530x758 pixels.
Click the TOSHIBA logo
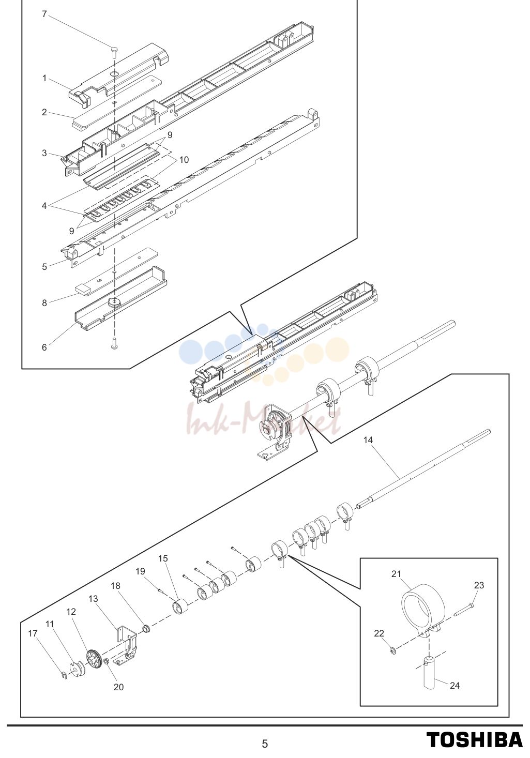[474, 740]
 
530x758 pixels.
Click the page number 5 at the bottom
[265, 744]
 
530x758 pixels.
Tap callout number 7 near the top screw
[44, 14]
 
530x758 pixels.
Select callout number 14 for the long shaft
[368, 440]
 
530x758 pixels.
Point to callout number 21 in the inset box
[396, 574]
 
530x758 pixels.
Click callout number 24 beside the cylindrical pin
[455, 685]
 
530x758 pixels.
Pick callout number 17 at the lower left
[33, 633]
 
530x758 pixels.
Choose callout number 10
[184, 159]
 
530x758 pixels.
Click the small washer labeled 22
[393, 650]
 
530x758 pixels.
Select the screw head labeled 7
[114, 50]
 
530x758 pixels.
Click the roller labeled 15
[180, 607]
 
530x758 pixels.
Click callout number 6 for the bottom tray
[44, 347]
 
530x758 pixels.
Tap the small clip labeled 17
[64, 675]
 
